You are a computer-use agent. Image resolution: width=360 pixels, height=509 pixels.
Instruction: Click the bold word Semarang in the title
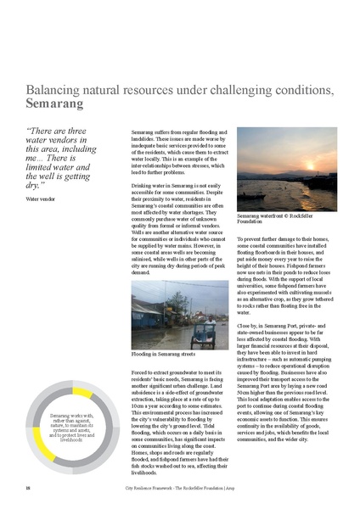(x=54, y=105)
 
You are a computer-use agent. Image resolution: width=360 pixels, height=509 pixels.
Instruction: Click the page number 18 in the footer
(x=27, y=488)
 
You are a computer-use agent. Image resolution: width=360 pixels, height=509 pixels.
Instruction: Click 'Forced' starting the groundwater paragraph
(x=143, y=372)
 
